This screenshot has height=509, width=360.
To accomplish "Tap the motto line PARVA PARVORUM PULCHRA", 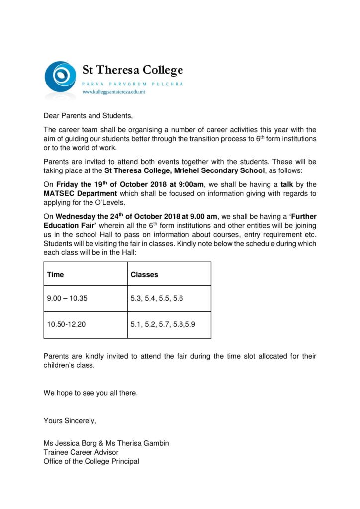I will (x=133, y=84).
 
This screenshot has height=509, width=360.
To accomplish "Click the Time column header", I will (x=55, y=274).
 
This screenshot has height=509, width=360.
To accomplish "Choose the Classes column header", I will (x=144, y=274).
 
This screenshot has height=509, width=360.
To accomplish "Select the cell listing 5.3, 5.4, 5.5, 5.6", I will (x=157, y=299).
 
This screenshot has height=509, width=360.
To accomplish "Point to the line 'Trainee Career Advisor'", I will (x=81, y=452).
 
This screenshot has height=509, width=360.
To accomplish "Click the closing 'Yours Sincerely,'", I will (x=70, y=421).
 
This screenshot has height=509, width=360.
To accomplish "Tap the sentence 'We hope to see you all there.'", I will (x=90, y=393).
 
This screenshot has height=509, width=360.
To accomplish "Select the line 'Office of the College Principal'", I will (x=91, y=461).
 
